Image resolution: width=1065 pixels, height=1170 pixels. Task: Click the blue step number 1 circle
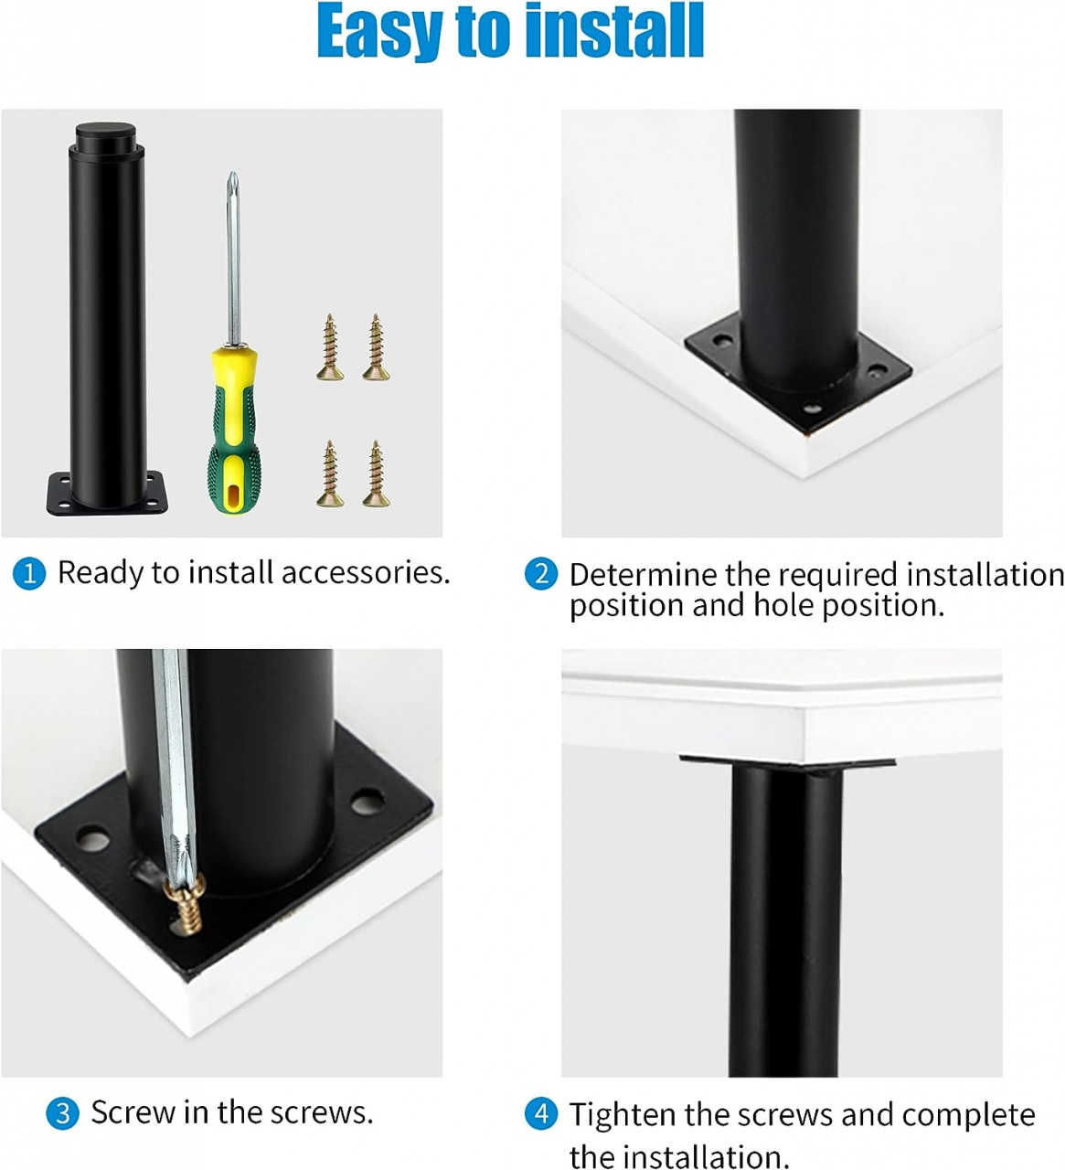[29, 574]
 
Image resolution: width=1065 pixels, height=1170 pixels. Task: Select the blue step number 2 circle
[541, 574]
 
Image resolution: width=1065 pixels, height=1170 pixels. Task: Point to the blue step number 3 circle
[62, 1113]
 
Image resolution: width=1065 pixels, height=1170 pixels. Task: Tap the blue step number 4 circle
[541, 1114]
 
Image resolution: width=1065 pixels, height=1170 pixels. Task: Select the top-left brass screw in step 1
[330, 347]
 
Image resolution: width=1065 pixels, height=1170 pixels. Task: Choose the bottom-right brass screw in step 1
[374, 473]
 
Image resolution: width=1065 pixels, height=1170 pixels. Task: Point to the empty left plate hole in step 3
[91, 836]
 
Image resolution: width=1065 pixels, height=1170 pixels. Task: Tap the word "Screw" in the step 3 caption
[133, 1112]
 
